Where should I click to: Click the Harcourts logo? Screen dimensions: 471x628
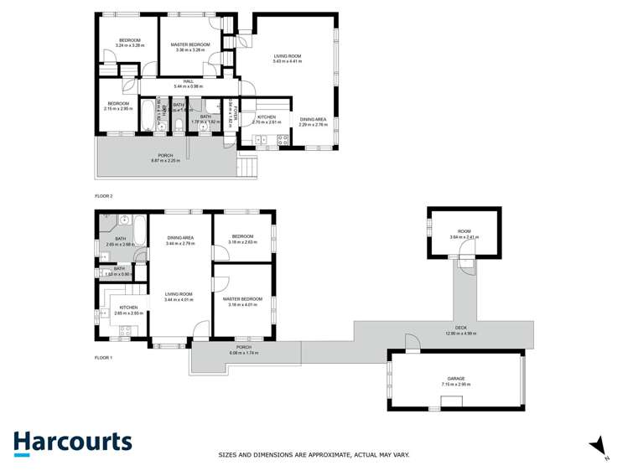[72, 443]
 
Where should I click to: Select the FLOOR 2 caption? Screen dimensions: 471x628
[105, 196]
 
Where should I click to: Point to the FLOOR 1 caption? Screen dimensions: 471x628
[105, 358]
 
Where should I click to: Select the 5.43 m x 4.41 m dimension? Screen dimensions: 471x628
[287, 61]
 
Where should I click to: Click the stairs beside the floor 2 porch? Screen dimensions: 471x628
[246, 168]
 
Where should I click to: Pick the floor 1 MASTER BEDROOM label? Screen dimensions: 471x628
[242, 298]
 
